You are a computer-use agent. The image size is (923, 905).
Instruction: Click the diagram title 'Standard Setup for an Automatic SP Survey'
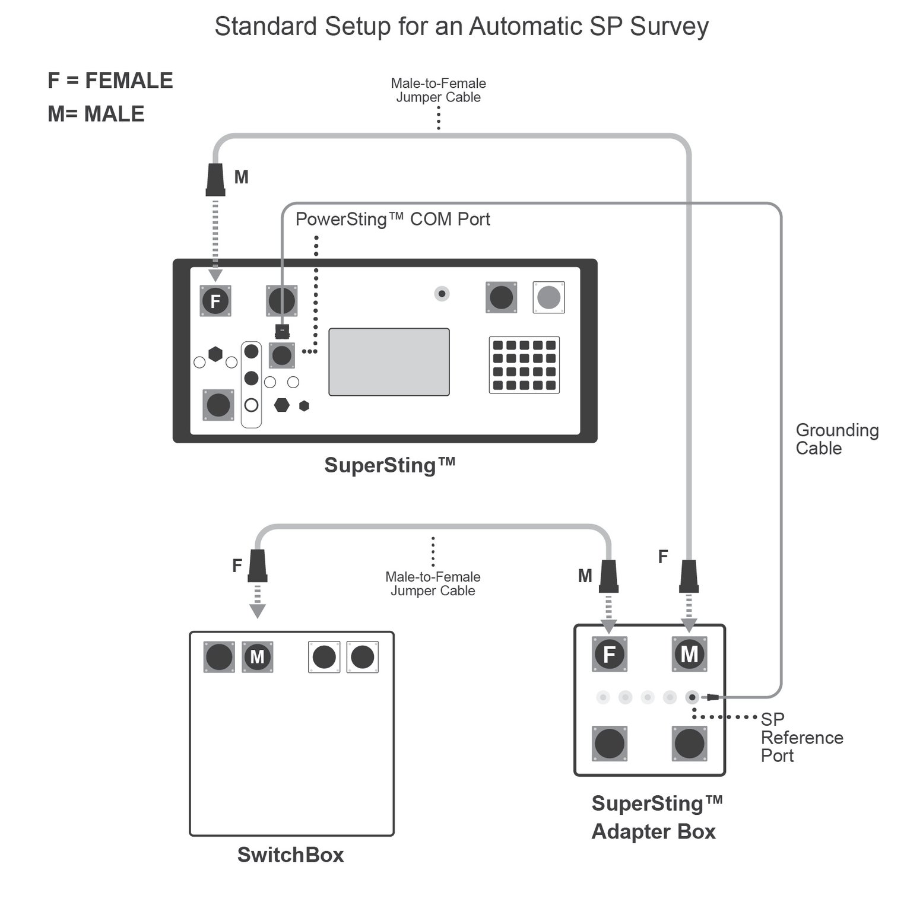461,27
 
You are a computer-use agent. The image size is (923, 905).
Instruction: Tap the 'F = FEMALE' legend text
110,81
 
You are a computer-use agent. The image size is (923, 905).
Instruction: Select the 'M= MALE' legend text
96,114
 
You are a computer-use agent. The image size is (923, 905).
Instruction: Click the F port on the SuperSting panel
215,301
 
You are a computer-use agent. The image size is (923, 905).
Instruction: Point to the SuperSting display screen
389,362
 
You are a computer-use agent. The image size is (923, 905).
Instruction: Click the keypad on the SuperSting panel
524,365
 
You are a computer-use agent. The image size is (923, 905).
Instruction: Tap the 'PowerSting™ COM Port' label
392,220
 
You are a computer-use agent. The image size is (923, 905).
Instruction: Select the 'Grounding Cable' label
836,439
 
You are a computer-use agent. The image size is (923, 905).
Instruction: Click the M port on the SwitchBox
257,657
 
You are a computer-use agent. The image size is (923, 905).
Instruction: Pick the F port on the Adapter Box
609,655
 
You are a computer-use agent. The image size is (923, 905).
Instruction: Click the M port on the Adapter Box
689,655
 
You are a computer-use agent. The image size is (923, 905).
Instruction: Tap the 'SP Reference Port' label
801,738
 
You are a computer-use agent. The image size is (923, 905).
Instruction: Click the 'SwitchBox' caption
290,855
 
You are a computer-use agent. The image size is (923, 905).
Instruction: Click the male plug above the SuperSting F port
215,180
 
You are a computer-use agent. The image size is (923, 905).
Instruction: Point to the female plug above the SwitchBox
257,566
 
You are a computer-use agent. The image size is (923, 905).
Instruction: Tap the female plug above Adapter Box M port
689,576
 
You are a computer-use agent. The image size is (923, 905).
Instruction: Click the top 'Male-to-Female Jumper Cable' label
438,90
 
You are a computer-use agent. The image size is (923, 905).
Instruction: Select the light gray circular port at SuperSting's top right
548,297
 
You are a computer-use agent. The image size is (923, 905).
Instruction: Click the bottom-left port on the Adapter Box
609,744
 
